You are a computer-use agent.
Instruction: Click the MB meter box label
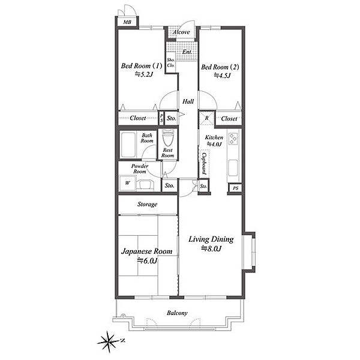click(127, 22)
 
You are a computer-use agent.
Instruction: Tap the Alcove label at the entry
click(181, 32)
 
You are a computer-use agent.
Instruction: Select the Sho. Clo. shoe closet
click(170, 62)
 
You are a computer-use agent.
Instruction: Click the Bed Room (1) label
click(142, 66)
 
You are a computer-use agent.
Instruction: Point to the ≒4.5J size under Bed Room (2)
click(222, 76)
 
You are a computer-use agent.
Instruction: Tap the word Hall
click(188, 101)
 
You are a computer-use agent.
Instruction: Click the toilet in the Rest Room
click(168, 138)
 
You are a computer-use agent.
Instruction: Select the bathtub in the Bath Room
click(128, 145)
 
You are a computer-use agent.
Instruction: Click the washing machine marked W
click(128, 183)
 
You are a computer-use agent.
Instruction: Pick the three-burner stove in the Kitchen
click(233, 138)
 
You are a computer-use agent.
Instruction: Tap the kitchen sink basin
click(233, 167)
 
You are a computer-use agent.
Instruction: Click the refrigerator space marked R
click(206, 118)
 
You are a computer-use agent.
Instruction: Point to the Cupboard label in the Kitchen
click(204, 164)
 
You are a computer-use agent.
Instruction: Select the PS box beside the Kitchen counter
click(235, 188)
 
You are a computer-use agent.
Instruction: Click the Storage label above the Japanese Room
click(148, 204)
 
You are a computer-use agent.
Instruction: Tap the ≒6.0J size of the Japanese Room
click(147, 260)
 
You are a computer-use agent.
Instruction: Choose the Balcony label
click(177, 313)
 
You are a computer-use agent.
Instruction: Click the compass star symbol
click(108, 342)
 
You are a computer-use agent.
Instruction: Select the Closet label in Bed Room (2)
click(229, 119)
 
